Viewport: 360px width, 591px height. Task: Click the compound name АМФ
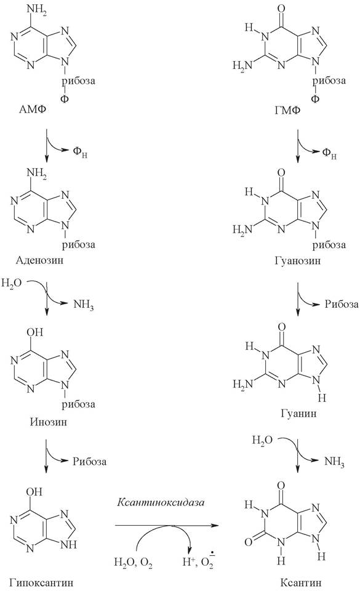click(33, 110)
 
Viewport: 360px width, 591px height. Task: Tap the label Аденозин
click(39, 260)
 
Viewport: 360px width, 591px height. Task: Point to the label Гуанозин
click(298, 260)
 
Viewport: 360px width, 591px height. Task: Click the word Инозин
click(49, 421)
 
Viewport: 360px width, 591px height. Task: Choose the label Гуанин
click(298, 414)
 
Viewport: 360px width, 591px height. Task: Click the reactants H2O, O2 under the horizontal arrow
click(133, 562)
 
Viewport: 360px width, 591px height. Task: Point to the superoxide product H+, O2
click(198, 561)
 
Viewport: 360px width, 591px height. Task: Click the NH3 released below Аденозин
click(83, 305)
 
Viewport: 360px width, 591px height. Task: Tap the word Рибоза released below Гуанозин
click(342, 304)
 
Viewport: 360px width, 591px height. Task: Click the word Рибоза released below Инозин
click(90, 462)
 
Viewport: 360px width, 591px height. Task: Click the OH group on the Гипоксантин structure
click(34, 491)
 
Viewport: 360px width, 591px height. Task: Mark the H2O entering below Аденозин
click(11, 283)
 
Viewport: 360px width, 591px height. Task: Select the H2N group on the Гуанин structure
click(243, 384)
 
